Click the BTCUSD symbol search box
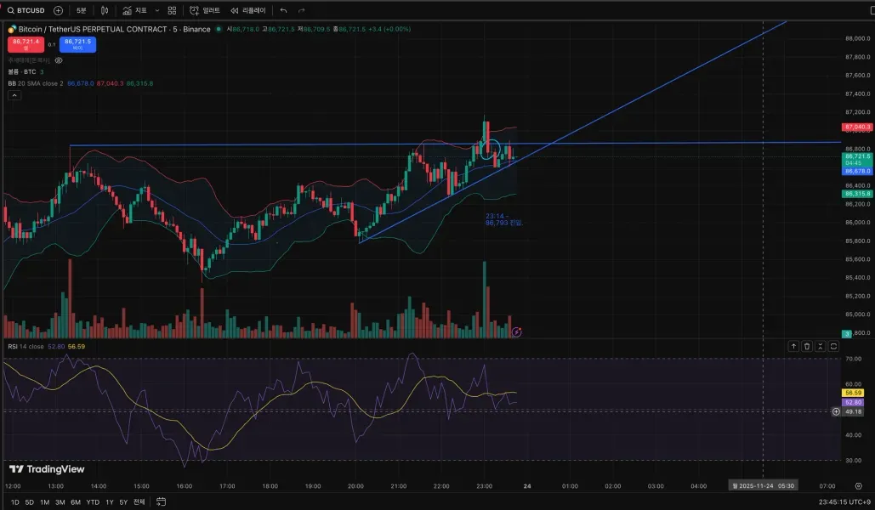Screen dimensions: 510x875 coord(26,10)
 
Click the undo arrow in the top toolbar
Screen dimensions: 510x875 coord(283,10)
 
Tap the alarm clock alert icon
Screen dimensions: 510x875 coord(195,10)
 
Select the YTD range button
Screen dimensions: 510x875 coord(93,501)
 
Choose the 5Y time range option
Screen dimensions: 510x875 coord(123,501)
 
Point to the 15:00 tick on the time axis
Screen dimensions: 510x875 coord(141,486)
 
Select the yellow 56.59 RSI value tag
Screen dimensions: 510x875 coord(853,393)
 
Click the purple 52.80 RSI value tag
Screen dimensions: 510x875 coord(853,402)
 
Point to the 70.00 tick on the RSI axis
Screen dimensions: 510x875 coord(853,359)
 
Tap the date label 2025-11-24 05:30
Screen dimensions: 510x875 coord(763,486)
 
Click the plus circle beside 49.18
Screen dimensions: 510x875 coord(836,411)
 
